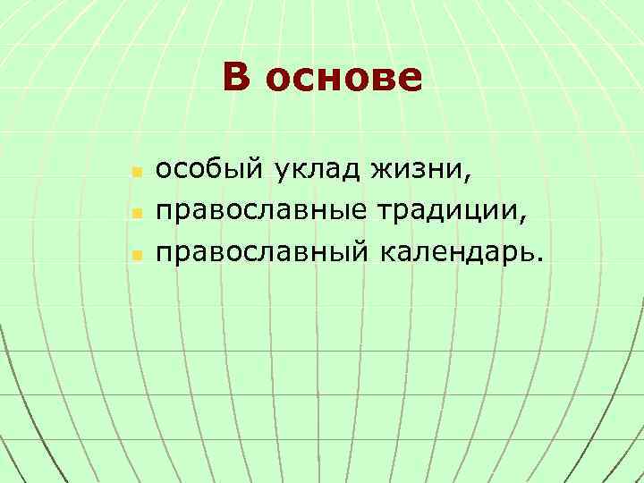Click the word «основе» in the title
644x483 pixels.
click(344, 78)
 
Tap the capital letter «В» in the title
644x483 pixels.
click(236, 77)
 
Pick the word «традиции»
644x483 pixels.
click(442, 211)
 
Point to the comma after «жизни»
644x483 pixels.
click(462, 176)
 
